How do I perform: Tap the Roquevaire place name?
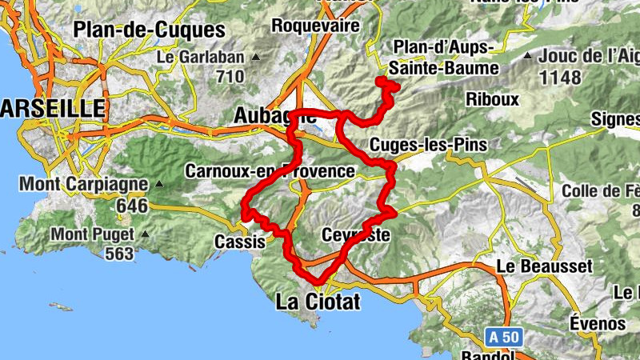tap(315, 25)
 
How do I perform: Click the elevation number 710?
tap(229, 77)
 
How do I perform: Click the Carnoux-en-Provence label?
tap(269, 171)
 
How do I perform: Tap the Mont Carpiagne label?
tap(83, 184)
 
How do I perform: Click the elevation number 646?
tap(132, 206)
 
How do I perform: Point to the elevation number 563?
tap(118, 254)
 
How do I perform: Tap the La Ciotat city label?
tap(318, 302)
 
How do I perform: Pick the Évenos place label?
tap(598, 323)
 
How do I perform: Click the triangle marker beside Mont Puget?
tap(145, 235)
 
